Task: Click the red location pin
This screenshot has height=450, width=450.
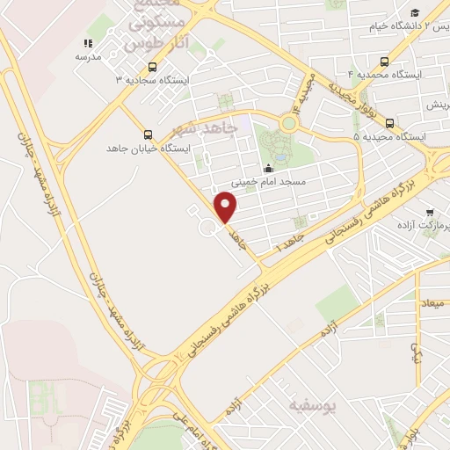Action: [227, 208]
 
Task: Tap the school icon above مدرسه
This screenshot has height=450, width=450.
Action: [87, 43]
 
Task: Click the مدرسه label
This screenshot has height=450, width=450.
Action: [88, 57]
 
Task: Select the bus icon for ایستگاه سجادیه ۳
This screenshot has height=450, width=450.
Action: [153, 67]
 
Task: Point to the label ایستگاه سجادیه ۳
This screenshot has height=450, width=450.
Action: [148, 80]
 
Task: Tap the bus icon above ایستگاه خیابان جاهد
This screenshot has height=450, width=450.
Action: [147, 135]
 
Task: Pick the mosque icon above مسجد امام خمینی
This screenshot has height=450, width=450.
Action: [268, 170]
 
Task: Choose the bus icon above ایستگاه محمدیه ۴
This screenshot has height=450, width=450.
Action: [384, 62]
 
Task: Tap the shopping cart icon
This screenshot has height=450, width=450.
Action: [430, 212]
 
